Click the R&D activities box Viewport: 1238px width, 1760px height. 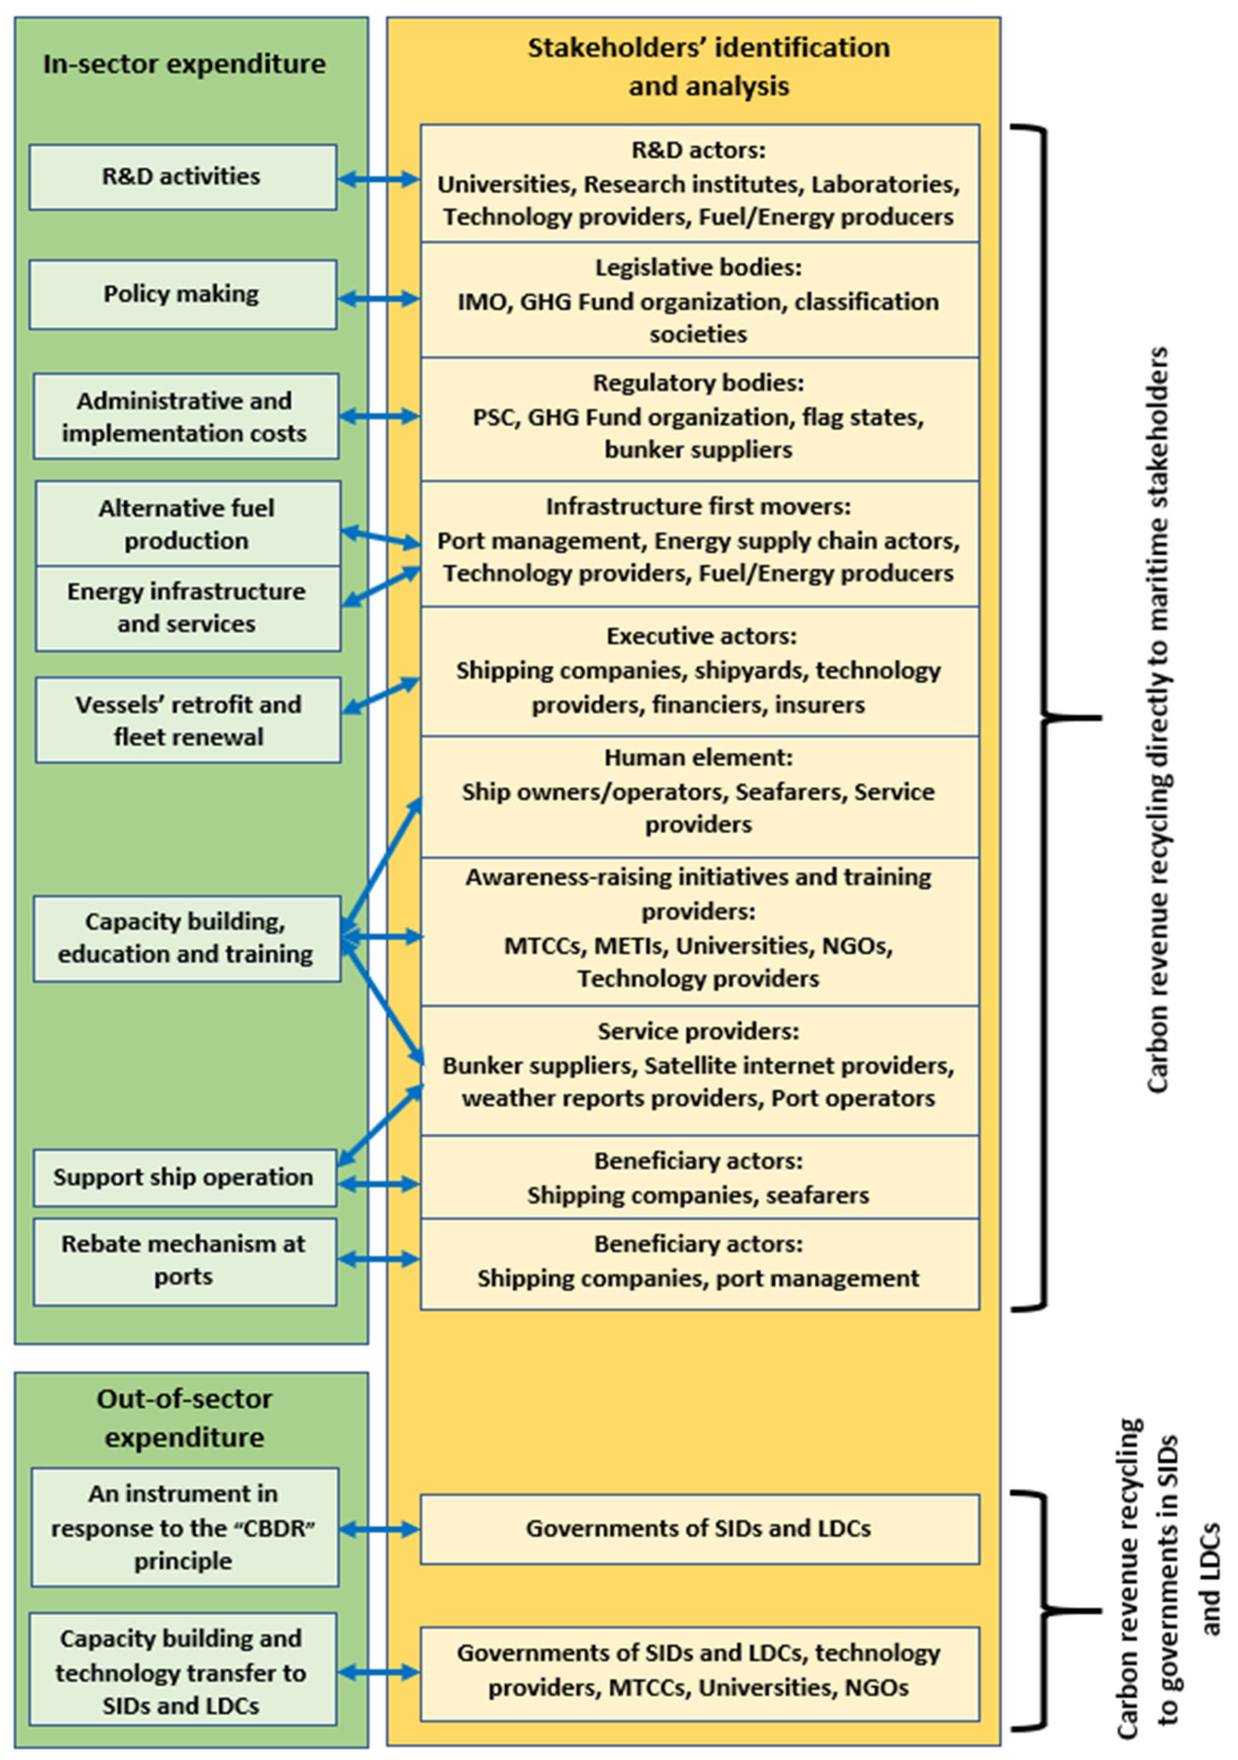[182, 177]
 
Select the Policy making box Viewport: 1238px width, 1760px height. [182, 294]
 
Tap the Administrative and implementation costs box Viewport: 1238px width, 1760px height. [185, 416]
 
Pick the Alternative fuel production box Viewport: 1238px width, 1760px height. [187, 523]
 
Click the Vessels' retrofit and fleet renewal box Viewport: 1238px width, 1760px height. [188, 720]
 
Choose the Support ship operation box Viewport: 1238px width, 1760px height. [184, 1177]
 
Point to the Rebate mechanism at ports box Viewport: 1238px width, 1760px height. [184, 1260]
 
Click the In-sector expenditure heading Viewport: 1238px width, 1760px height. [184, 64]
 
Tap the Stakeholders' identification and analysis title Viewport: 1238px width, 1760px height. [707, 67]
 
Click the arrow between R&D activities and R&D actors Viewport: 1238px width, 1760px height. [378, 179]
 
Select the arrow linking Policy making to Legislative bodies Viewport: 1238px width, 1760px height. [378, 298]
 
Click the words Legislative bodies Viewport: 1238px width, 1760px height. [697, 267]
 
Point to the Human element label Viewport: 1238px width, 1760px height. [697, 758]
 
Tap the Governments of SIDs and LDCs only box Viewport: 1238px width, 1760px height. [698, 1529]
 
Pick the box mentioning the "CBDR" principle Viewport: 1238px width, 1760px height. [184, 1527]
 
